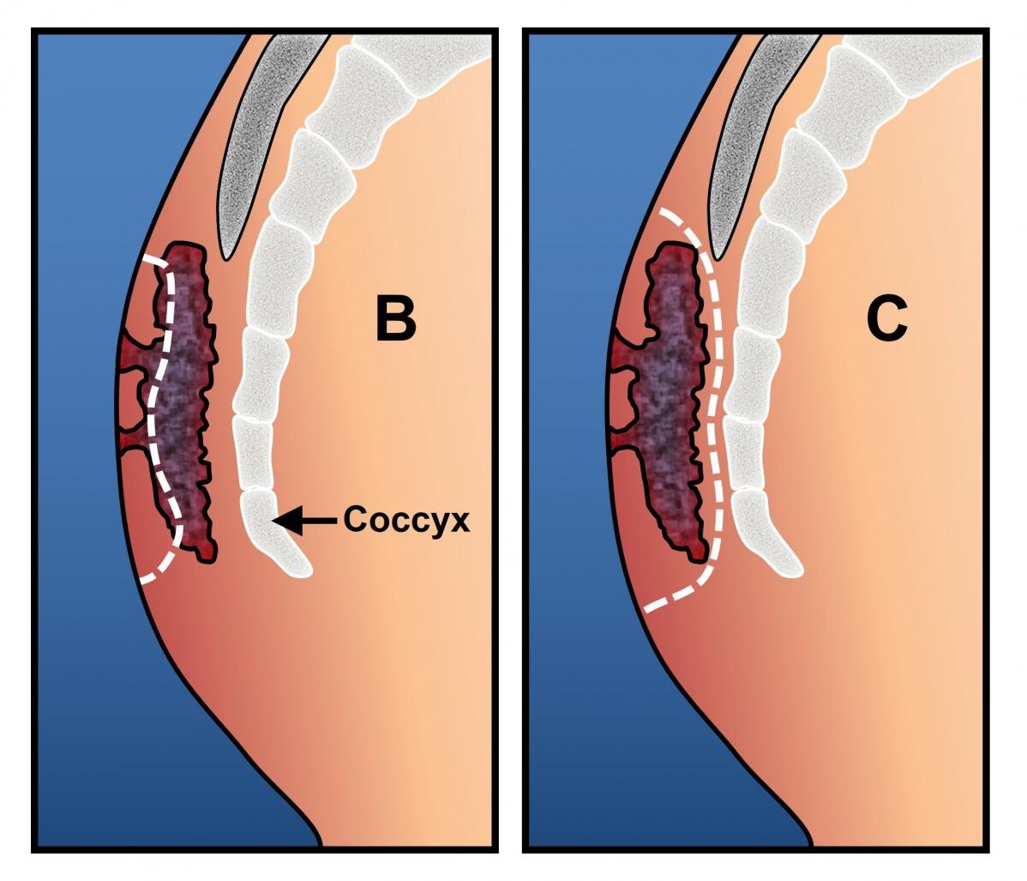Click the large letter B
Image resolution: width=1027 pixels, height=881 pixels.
[396, 319]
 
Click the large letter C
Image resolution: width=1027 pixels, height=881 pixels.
[886, 319]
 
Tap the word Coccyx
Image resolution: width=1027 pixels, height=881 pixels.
[406, 520]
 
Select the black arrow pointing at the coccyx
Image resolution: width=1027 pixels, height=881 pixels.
[304, 519]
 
